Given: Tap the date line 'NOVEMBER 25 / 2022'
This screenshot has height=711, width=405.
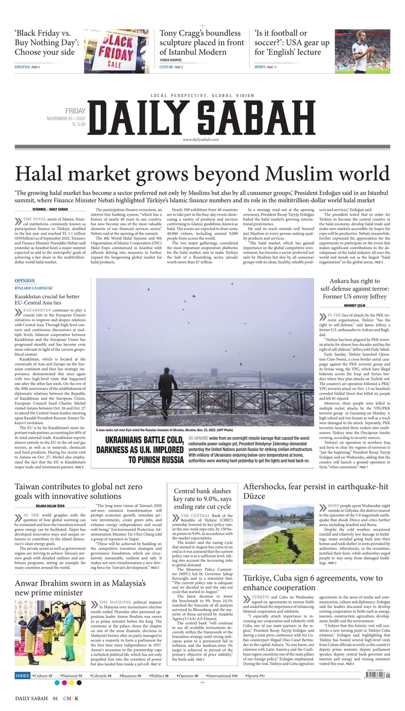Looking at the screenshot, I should [x=66, y=118].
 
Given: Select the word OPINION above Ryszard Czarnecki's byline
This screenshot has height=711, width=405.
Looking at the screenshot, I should [x=25, y=281].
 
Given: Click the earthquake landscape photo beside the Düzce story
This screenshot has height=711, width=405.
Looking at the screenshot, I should [x=278, y=534].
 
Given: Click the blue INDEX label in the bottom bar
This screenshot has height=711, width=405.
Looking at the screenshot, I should [x=23, y=675].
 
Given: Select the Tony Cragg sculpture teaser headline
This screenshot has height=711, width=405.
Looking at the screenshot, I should [x=201, y=42].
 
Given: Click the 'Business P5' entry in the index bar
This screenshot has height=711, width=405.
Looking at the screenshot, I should [x=132, y=675].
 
